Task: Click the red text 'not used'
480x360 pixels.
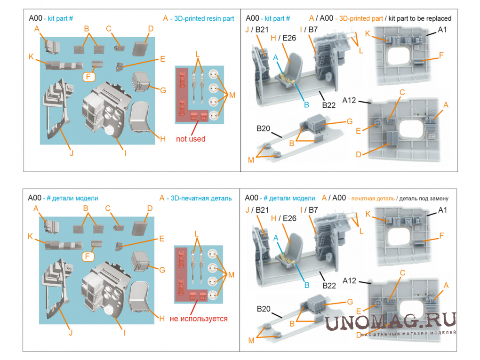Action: pos(191,139)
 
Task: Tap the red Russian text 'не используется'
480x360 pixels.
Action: pos(198,319)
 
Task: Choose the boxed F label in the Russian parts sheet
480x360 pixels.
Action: pos(88,256)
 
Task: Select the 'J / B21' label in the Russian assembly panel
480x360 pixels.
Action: pos(257,209)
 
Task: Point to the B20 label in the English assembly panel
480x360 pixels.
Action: pos(263,128)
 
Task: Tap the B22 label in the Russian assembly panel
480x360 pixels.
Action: pos(328,285)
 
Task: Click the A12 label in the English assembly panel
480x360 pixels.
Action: pos(350,100)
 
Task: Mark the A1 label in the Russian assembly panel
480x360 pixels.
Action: pos(442,210)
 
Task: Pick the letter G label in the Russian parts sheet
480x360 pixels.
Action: pos(162,270)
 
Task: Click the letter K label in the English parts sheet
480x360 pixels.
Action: pos(31,57)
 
